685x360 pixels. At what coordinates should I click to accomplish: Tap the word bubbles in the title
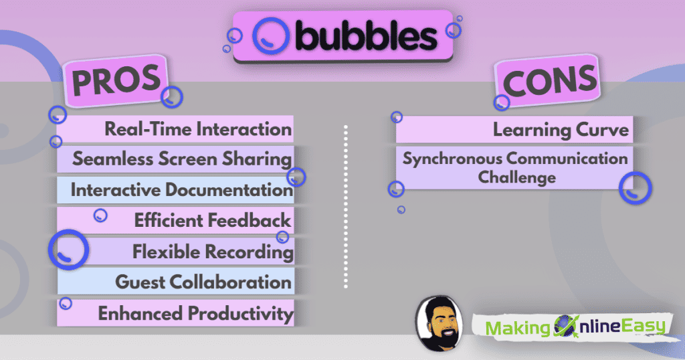366,37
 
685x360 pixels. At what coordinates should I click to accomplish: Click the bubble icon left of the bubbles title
270,36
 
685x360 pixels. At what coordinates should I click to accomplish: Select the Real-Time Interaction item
198,129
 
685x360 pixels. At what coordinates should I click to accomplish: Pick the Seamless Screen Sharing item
182,159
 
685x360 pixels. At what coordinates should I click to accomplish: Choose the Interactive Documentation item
181,190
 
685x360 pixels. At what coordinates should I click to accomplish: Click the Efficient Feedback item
212,220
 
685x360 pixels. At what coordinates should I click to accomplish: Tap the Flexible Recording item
213,252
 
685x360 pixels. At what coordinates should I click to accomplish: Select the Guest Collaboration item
203,282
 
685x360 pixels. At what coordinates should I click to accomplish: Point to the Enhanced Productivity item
195,313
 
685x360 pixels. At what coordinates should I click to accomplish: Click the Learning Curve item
561,129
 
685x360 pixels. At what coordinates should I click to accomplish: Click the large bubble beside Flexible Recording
68,250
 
